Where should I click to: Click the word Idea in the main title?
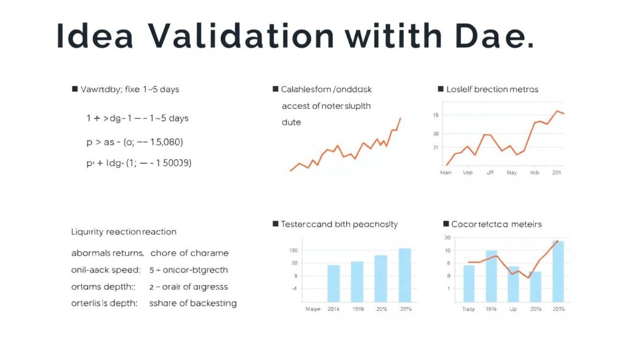click(x=95, y=37)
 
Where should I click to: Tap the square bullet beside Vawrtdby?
click(x=75, y=89)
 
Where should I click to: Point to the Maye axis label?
click(x=313, y=308)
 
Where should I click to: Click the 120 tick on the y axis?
click(x=293, y=250)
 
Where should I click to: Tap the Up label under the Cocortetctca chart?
click(x=513, y=308)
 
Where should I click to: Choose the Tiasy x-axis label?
click(x=469, y=308)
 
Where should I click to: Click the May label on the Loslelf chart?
click(x=511, y=173)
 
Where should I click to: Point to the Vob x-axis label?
click(x=535, y=173)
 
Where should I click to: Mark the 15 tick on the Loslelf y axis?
click(x=436, y=115)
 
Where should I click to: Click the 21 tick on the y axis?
click(x=436, y=148)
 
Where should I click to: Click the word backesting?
click(x=213, y=303)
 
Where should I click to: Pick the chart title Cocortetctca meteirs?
click(x=496, y=224)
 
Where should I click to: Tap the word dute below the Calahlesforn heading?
click(x=291, y=122)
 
